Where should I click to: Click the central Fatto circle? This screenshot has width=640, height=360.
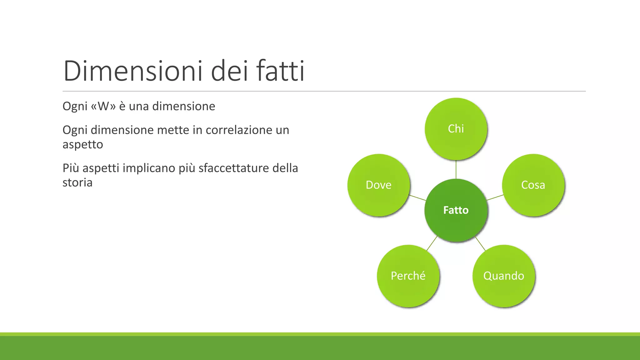[456, 210]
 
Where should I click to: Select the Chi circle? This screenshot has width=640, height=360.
[456, 129]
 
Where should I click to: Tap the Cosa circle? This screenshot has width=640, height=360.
[533, 185]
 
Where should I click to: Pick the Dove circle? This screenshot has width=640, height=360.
[378, 185]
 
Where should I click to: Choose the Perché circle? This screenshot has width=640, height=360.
[408, 276]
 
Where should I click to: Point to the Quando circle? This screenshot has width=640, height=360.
[504, 276]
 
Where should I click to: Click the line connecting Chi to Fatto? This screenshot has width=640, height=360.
[456, 169]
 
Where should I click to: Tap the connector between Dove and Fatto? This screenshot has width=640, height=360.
[417, 197]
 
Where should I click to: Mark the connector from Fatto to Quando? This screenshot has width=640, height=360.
[480, 244]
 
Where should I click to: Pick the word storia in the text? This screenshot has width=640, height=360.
[77, 182]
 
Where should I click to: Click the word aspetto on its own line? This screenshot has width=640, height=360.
[82, 144]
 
